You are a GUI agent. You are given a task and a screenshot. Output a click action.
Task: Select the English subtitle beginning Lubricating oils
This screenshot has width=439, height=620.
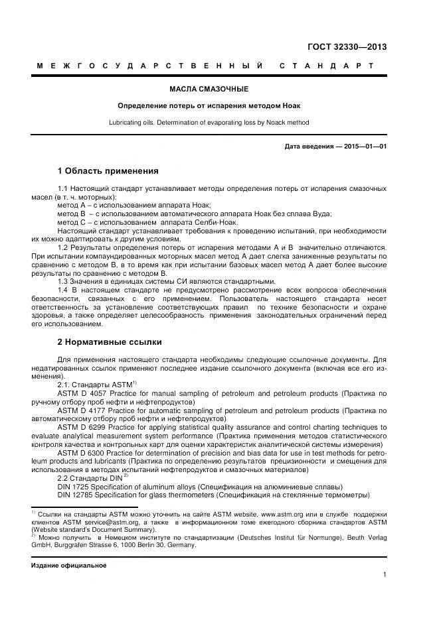click(x=209, y=123)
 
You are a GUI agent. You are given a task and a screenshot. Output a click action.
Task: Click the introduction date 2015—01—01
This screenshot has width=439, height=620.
click(x=365, y=147)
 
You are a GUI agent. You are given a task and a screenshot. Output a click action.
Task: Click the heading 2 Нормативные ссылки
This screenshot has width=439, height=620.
click(x=110, y=342)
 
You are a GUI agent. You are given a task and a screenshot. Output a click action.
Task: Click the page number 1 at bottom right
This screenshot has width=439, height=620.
click(x=385, y=575)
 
